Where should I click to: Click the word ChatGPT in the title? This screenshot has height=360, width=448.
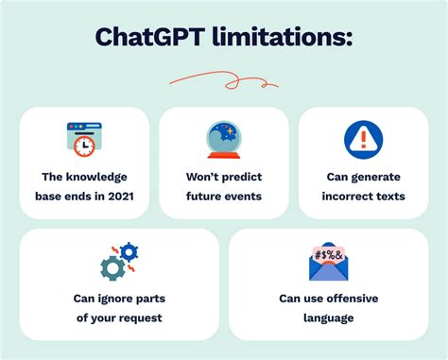pyautogui.click(x=146, y=37)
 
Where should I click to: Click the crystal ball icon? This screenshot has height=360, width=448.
pyautogui.click(x=224, y=139)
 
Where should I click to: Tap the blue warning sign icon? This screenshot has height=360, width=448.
pyautogui.click(x=363, y=138)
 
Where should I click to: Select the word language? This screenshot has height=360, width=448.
pyautogui.click(x=329, y=318)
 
